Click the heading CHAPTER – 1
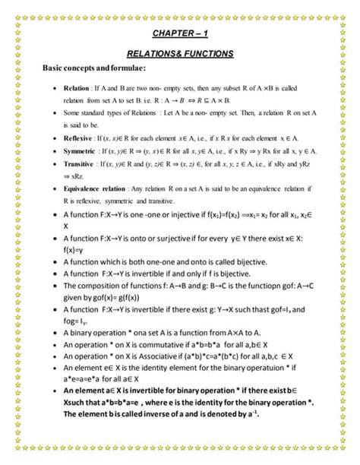(x=180, y=34)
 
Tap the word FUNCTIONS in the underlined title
(x=205, y=54)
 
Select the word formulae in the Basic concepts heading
(x=133, y=69)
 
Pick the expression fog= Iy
(x=81, y=321)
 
